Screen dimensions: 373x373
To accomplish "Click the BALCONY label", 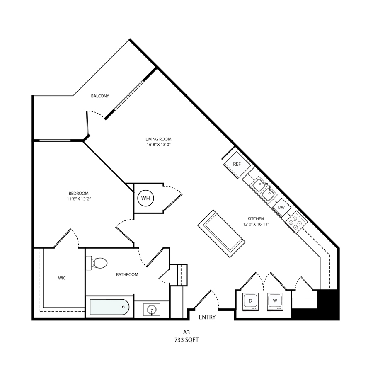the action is (100, 96).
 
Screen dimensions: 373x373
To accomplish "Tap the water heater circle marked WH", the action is (146, 198).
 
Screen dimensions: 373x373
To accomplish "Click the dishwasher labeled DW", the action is (281, 208).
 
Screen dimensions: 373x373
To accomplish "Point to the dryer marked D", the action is (250, 301).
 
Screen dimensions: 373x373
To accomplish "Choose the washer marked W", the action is (275, 301).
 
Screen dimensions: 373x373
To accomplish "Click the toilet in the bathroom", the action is (97, 263).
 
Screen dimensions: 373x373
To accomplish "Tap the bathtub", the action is (109, 307).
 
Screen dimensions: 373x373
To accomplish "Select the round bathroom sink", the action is (152, 310).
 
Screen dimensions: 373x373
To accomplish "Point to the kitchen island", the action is (221, 233).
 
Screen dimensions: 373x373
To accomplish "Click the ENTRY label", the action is (207, 317).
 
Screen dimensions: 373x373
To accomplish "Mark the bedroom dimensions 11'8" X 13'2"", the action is (79, 199).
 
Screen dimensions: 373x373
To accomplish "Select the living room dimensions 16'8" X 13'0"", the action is (159, 145).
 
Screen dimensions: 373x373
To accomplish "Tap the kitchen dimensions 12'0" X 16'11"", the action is (256, 224).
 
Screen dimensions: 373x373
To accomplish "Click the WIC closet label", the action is (62, 278).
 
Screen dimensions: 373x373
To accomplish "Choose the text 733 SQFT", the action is (186, 340).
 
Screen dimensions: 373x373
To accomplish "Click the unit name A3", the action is (186, 332).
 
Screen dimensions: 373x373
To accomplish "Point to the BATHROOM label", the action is (127, 274).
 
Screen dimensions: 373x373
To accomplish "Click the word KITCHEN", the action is (256, 219).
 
